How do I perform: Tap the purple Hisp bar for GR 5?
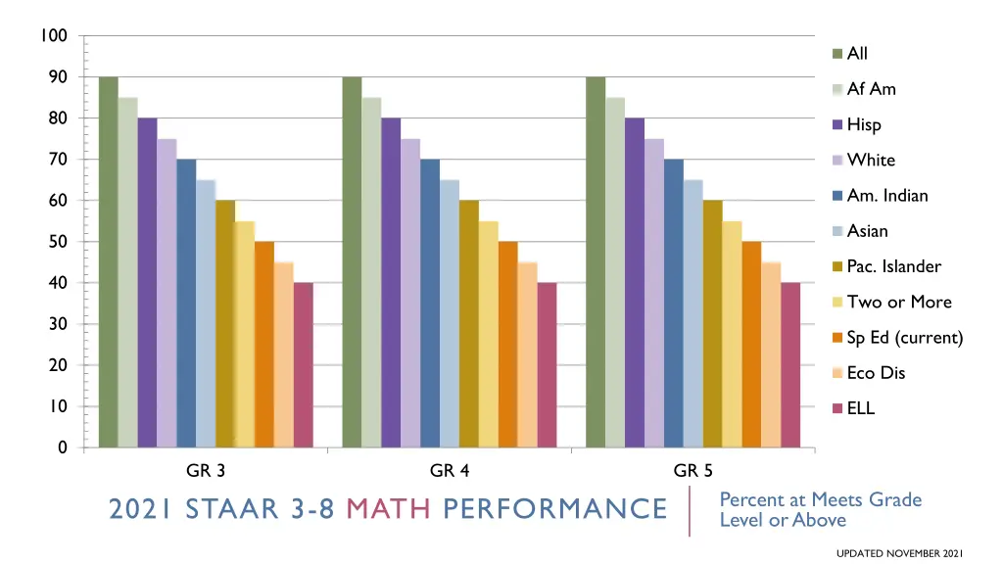point(634,283)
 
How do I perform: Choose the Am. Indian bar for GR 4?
point(430,304)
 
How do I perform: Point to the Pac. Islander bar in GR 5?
point(712,324)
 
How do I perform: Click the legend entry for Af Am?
point(871,89)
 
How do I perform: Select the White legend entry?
point(871,161)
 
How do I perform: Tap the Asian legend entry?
point(867,231)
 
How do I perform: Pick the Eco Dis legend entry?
point(876,373)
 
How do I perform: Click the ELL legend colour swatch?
point(837,408)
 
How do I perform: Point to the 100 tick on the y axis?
point(54,36)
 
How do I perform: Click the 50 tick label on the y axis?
point(58,242)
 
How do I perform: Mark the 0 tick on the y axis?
point(63,447)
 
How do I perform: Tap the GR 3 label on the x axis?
point(206,471)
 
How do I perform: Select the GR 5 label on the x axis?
point(693,471)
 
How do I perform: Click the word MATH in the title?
point(390,509)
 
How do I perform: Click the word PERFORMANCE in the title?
point(554,509)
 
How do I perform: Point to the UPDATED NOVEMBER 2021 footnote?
point(900,554)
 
